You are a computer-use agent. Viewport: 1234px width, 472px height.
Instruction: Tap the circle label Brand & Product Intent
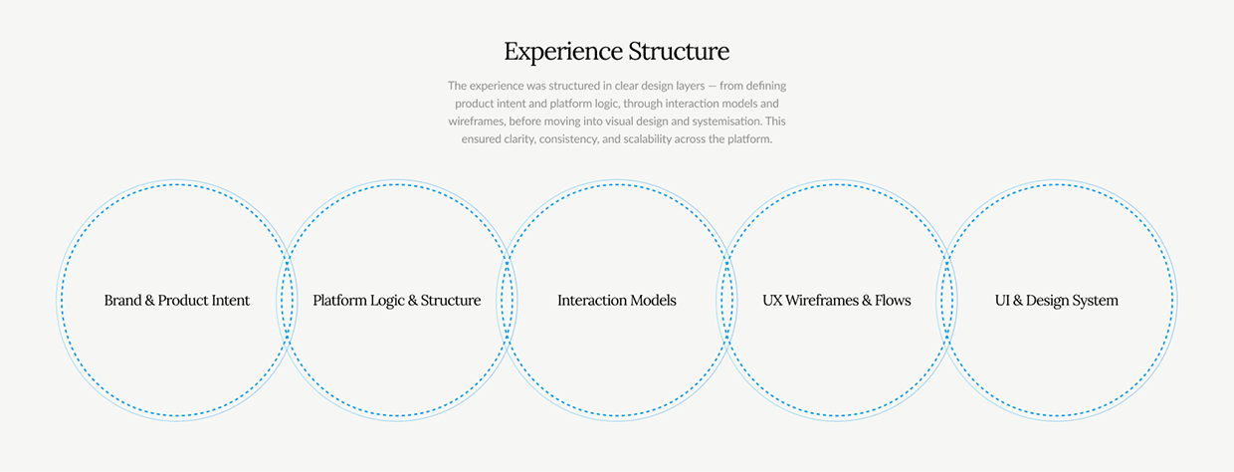[177, 300]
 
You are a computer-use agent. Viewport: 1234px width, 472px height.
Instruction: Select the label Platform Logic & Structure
[397, 300]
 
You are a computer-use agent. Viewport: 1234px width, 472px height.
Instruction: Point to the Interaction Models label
[617, 300]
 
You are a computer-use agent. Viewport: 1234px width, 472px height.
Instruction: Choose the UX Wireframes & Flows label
[837, 300]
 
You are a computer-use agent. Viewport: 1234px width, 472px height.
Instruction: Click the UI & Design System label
[1057, 300]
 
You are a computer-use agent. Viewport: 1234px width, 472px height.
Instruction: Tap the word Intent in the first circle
[231, 300]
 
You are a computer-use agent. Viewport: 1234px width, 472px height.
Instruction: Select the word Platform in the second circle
[340, 300]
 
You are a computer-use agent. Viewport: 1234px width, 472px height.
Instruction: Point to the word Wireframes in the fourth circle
[823, 300]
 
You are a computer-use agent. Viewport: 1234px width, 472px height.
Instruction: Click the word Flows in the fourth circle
[892, 300]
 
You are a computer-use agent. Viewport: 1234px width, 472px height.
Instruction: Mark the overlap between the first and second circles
[288, 300]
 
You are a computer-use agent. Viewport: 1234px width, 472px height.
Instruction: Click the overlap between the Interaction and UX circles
[727, 300]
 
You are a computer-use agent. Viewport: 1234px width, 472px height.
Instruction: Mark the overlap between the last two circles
[947, 300]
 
